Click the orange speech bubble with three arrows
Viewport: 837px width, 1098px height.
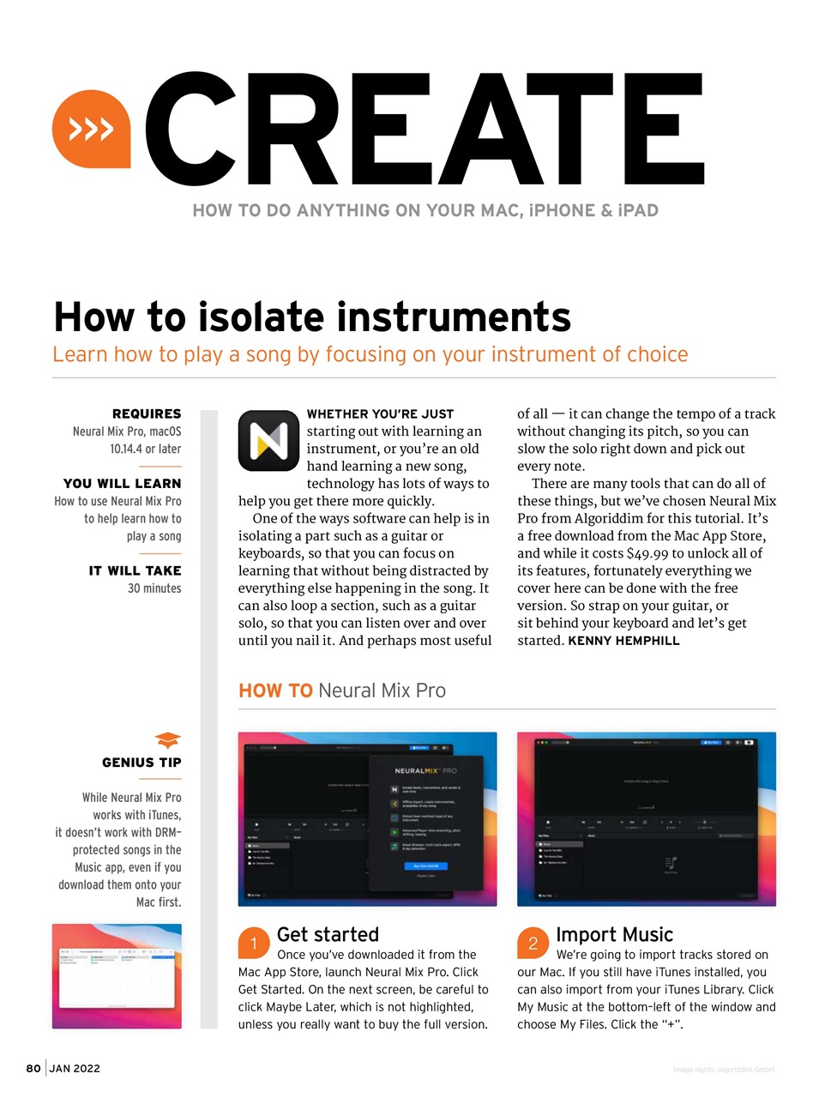91,130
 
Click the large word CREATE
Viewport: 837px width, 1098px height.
425,129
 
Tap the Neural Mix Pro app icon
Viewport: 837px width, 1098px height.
268,440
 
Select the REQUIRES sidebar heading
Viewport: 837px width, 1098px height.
147,413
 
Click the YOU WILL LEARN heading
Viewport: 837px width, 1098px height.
122,484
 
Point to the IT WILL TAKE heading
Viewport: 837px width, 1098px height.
135,570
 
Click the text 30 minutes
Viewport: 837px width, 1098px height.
154,588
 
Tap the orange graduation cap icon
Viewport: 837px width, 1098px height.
167,739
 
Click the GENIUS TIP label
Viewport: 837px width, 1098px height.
142,763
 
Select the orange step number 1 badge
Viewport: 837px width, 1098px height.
254,944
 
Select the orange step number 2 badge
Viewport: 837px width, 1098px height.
533,944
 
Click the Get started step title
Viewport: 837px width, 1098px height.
328,934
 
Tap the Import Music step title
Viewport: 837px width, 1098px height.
614,934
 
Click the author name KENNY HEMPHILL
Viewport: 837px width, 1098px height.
623,641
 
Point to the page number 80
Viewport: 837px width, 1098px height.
33,1068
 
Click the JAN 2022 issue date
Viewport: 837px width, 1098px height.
75,1068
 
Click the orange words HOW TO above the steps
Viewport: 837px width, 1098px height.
275,691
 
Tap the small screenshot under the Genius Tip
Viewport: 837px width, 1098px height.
117,976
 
